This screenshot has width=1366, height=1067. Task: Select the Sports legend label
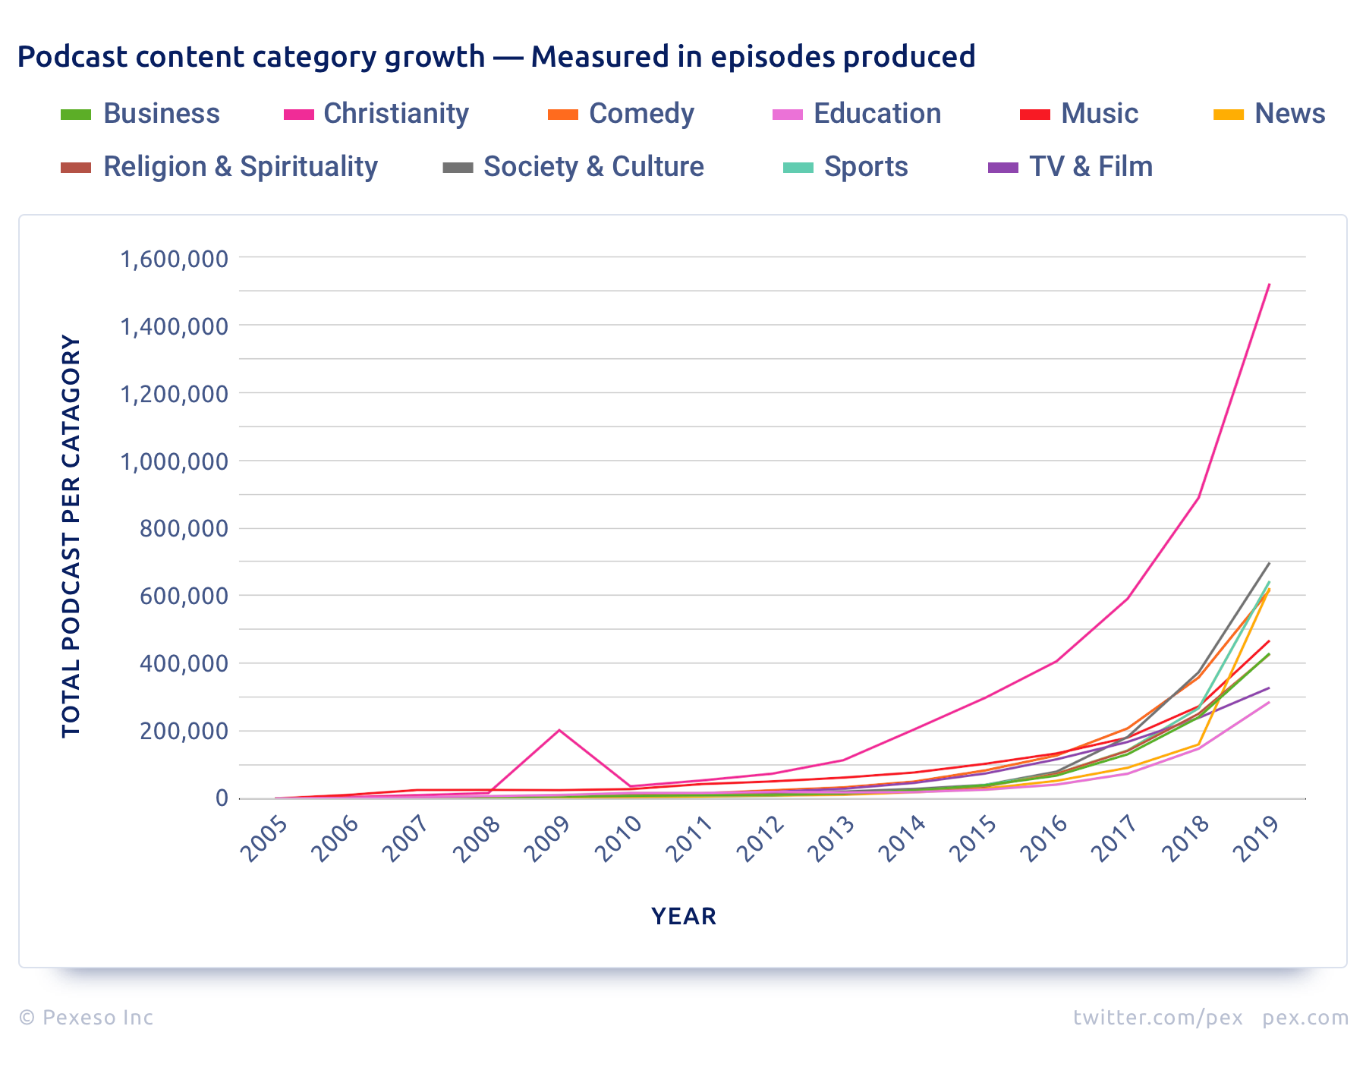pos(865,167)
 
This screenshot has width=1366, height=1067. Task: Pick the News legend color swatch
pos(1229,115)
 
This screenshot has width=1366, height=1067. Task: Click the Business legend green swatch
pos(76,115)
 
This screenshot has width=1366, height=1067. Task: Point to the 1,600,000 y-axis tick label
pos(174,259)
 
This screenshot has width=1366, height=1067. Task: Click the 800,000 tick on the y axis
pos(184,528)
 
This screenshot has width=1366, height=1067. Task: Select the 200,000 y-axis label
pos(184,731)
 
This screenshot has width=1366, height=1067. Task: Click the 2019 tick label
pos(1257,839)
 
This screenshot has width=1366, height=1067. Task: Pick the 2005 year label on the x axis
pos(265,839)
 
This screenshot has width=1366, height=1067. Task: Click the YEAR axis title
pos(683,917)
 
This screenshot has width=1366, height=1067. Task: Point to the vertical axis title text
pos(71,536)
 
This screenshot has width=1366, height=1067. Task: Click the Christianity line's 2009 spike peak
pos(559,730)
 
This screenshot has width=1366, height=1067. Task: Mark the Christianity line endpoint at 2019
pos(1269,285)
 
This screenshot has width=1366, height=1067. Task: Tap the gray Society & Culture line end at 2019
pos(1269,563)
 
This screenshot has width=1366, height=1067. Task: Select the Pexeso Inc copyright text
pos(86,1018)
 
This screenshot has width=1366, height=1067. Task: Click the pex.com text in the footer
pos(1305,1018)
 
